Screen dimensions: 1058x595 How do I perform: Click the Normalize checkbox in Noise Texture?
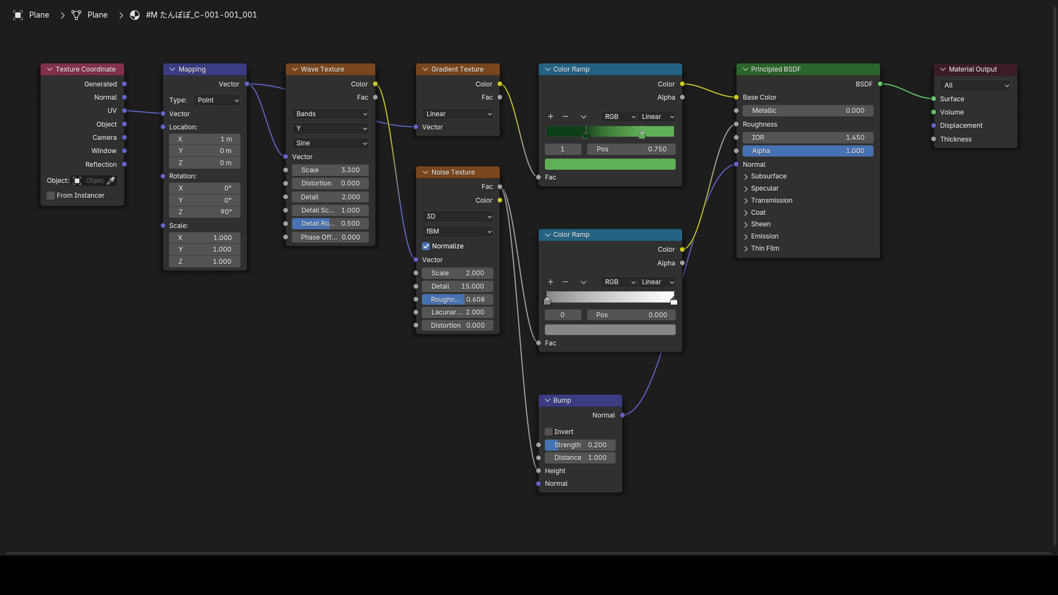(x=426, y=246)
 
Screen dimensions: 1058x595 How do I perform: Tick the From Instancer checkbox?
(x=51, y=196)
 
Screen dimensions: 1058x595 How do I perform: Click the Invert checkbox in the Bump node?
(x=548, y=432)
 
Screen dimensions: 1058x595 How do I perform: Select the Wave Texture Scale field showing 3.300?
(x=330, y=170)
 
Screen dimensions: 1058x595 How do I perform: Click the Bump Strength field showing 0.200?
(x=580, y=445)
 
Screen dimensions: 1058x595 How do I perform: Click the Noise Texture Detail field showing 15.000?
(x=457, y=286)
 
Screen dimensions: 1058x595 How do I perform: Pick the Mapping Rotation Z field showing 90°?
(x=204, y=212)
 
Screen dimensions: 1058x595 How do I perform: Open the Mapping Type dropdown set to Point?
(x=217, y=100)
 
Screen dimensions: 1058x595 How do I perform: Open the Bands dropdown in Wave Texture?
(x=330, y=114)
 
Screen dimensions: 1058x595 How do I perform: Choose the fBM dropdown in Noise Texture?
(x=457, y=231)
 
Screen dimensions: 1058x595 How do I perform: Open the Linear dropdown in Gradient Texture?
(x=457, y=114)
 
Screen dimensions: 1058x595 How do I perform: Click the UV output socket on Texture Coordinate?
(x=125, y=111)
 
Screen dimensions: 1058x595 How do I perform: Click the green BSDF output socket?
(x=880, y=84)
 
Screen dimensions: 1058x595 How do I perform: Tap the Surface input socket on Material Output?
(x=933, y=99)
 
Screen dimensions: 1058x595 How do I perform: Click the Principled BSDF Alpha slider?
(x=808, y=151)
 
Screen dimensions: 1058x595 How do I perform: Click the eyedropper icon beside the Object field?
(x=111, y=181)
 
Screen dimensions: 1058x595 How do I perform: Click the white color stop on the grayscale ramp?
(x=673, y=301)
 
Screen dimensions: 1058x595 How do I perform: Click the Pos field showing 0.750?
(x=631, y=149)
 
